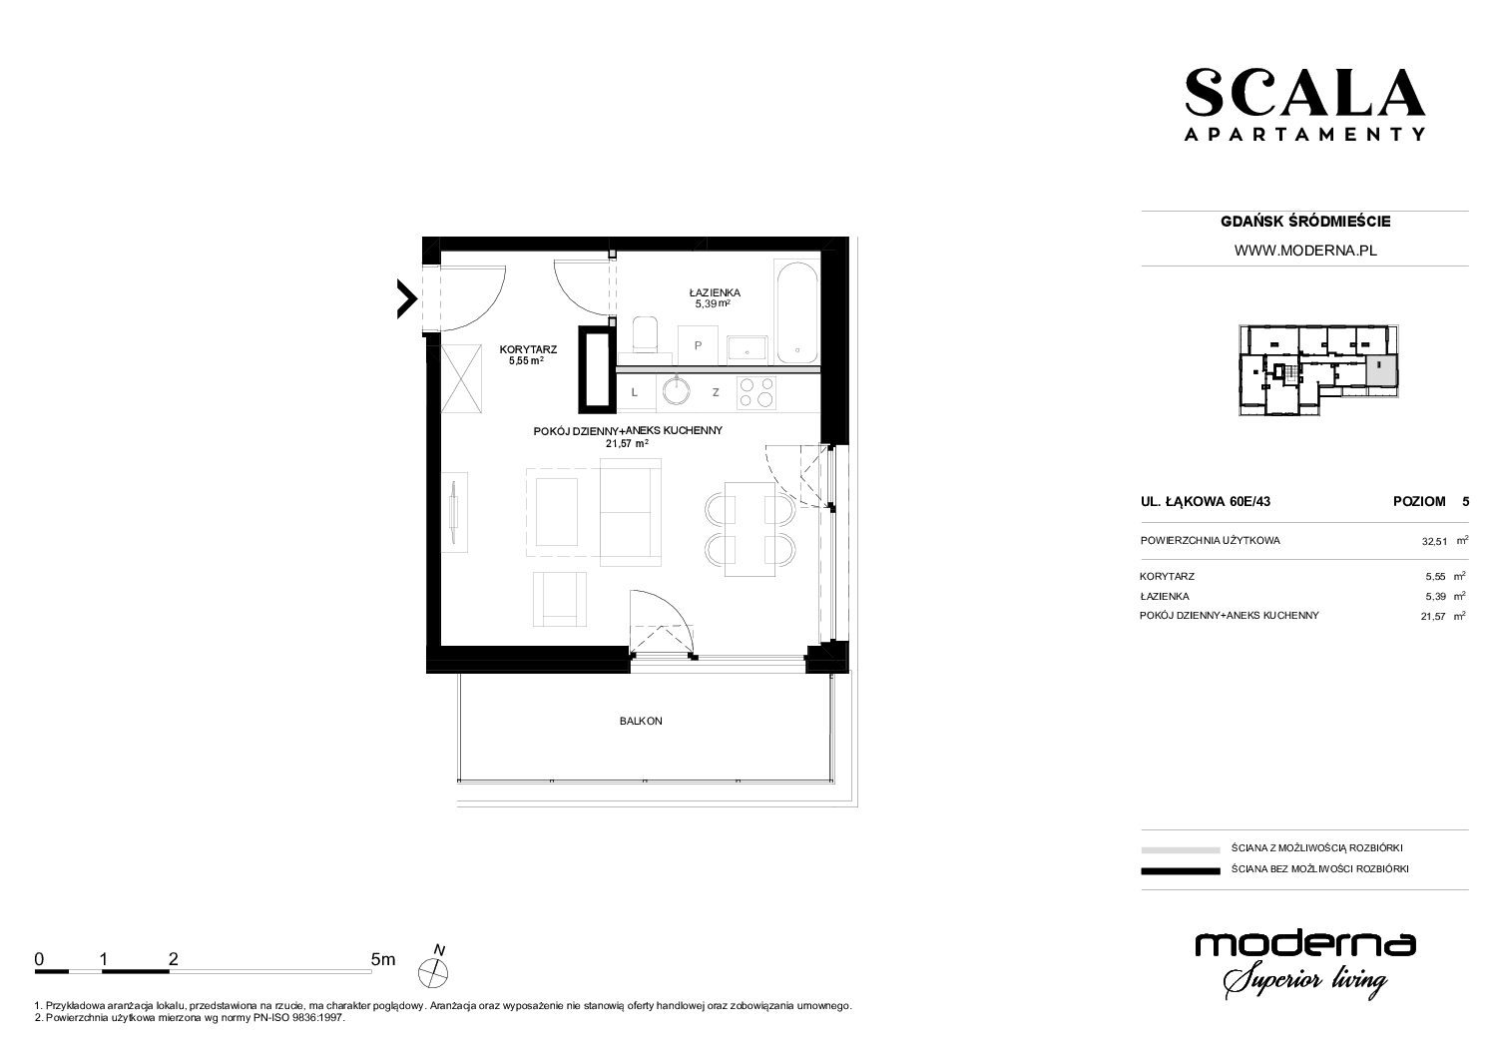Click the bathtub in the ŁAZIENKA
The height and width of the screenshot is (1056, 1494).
(x=796, y=311)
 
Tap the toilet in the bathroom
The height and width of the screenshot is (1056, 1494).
(x=645, y=335)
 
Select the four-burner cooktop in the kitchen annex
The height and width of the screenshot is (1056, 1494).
(x=756, y=392)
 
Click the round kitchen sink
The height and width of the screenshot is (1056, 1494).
(x=678, y=390)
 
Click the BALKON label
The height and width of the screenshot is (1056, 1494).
(x=641, y=721)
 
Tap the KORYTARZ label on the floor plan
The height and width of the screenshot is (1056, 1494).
(x=528, y=349)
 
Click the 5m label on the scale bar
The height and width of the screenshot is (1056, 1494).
(x=383, y=959)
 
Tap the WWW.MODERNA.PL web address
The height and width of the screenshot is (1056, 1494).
(x=1305, y=251)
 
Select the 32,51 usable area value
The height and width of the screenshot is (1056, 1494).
(x=1434, y=542)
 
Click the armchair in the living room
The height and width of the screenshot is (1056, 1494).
(x=560, y=599)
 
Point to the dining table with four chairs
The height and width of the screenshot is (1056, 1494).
(x=750, y=529)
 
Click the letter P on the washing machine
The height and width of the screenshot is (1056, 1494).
(x=698, y=345)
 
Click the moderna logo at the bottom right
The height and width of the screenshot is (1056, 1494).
(x=1304, y=964)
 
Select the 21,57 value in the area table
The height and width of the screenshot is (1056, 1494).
(x=1433, y=617)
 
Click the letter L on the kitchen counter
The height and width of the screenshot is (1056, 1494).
(x=634, y=392)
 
